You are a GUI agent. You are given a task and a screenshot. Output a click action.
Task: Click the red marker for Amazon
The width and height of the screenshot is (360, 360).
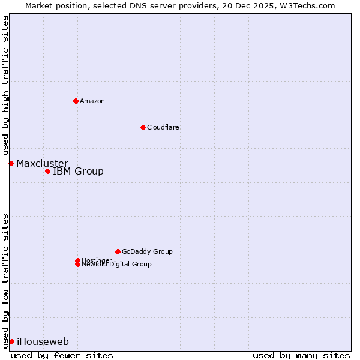click(x=76, y=101)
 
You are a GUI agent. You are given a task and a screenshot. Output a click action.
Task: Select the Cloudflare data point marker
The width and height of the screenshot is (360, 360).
click(x=143, y=127)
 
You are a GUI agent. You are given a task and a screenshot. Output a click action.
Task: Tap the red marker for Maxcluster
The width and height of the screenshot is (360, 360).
click(x=11, y=163)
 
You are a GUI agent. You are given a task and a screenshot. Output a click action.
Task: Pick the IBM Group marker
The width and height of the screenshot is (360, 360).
click(x=47, y=172)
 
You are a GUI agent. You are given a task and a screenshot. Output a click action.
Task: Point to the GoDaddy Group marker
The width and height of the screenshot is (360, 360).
click(x=118, y=251)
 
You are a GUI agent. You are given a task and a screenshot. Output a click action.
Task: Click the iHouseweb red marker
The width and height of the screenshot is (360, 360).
click(x=11, y=341)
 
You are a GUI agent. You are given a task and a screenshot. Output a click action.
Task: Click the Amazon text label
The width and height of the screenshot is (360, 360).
click(x=92, y=101)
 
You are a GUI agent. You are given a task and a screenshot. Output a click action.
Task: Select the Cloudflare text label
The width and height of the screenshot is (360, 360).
click(x=163, y=127)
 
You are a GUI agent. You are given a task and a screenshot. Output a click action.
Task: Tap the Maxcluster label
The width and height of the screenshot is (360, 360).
click(x=42, y=163)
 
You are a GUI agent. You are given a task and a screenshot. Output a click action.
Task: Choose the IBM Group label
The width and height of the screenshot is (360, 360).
click(x=78, y=172)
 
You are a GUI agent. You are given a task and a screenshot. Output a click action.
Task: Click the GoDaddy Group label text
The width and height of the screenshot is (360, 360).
click(x=147, y=251)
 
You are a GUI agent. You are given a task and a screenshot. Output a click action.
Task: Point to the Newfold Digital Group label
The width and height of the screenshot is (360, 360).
click(x=116, y=265)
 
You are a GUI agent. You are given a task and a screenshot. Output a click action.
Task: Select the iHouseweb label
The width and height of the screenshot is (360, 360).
click(x=43, y=342)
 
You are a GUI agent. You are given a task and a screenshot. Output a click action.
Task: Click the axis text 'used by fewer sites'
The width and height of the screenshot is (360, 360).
click(x=62, y=355)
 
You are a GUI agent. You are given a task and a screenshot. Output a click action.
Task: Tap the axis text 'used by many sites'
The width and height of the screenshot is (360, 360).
click(x=301, y=355)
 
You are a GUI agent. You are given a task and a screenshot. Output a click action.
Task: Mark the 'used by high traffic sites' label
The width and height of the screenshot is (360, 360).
click(x=5, y=85)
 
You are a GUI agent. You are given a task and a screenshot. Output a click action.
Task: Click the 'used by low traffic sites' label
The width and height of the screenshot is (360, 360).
click(x=5, y=280)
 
